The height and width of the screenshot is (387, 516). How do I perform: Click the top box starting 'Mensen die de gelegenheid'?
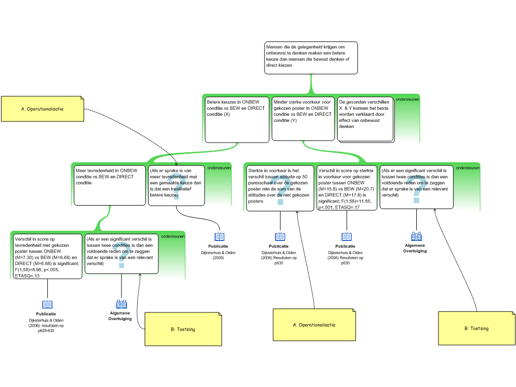311,58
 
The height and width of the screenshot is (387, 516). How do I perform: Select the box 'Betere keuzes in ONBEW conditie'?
237,120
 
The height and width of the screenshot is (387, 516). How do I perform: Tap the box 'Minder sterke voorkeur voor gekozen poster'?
303,119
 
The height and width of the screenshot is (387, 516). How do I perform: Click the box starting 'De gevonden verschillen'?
366,119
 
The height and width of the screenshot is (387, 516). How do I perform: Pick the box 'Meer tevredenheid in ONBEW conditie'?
109,185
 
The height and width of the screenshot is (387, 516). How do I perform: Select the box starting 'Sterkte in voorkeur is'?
280,188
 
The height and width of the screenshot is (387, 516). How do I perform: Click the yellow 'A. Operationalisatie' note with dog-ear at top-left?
43,109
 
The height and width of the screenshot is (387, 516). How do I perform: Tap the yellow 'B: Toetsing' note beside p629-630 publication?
183,329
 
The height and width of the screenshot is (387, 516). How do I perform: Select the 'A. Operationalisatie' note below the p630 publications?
314,325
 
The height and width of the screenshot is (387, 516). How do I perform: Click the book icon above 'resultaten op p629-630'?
47,304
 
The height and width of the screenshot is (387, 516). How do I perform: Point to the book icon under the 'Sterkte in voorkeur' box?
280,237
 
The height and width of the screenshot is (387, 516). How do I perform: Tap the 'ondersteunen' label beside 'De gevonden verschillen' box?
407,99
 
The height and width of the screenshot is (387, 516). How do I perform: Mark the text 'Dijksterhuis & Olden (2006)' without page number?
219,255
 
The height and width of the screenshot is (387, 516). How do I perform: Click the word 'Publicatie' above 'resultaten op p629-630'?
46,314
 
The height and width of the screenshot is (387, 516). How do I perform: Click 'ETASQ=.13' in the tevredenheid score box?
27,276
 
